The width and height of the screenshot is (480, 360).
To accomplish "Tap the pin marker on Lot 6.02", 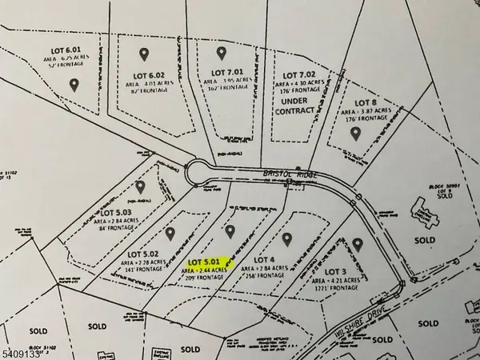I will point(144,54).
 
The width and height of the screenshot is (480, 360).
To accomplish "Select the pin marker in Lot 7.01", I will point(221,53).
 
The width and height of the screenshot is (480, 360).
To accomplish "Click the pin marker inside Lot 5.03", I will point(141,186).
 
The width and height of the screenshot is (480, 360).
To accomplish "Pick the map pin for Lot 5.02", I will point(170,233).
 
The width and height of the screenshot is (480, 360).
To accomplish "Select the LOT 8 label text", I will point(366,102).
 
